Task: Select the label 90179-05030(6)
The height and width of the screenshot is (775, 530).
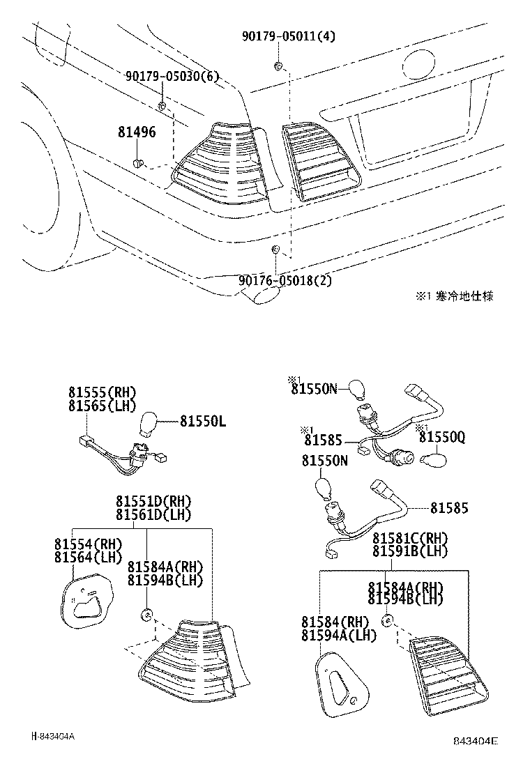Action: point(172,76)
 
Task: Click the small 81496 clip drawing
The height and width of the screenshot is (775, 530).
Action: point(138,163)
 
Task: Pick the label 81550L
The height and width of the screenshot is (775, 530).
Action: point(203,421)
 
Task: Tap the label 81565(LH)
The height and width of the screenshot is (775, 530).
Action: point(102,406)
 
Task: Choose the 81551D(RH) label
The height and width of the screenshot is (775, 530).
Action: point(153,502)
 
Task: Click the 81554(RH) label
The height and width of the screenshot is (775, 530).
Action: point(88,544)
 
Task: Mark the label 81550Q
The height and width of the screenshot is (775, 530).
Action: point(441,437)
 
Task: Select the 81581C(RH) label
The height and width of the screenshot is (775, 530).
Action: point(410,538)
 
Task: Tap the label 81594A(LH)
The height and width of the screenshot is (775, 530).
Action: point(339,635)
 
